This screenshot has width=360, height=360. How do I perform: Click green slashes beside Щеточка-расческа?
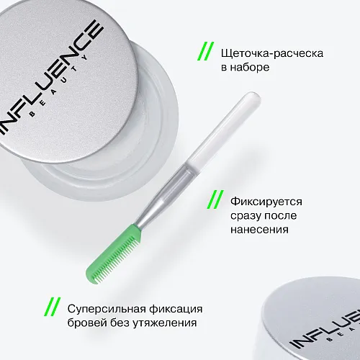tap(207, 53)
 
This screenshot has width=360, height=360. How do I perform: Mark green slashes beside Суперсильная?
tap(53, 307)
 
